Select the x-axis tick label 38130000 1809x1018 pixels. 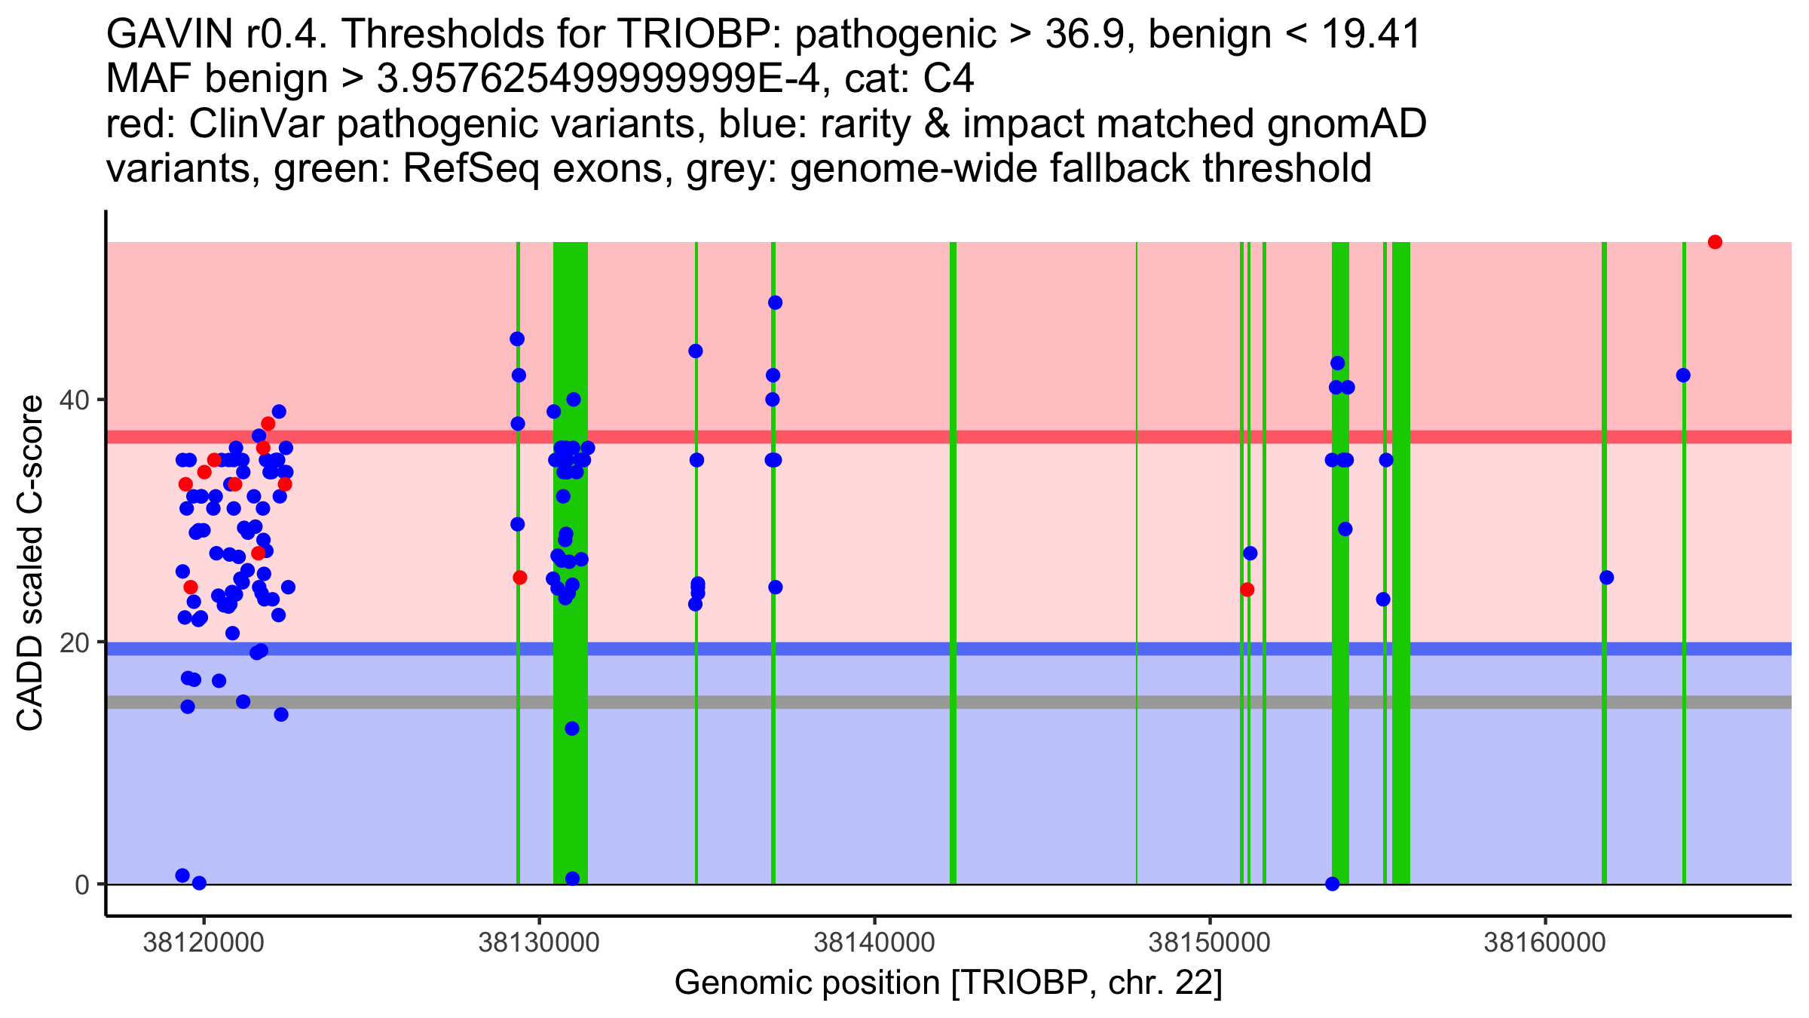(x=539, y=942)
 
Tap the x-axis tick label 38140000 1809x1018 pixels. (x=874, y=942)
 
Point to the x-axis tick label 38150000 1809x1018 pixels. (x=1210, y=942)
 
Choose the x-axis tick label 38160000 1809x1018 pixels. (x=1545, y=942)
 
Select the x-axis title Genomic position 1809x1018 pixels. (x=947, y=983)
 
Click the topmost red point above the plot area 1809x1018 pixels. (x=1715, y=242)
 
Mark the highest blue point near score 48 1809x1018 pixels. (x=775, y=303)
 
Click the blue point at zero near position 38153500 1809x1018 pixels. (x=1332, y=884)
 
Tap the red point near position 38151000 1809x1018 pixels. (x=1247, y=590)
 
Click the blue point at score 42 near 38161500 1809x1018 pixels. (x=1683, y=376)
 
